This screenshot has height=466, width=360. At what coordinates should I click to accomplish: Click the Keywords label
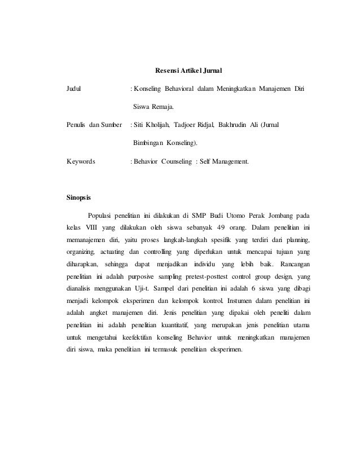coord(81,161)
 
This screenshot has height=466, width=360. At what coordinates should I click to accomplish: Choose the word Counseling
coord(176,161)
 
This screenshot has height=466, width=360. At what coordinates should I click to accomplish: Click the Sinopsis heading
coord(78,198)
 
